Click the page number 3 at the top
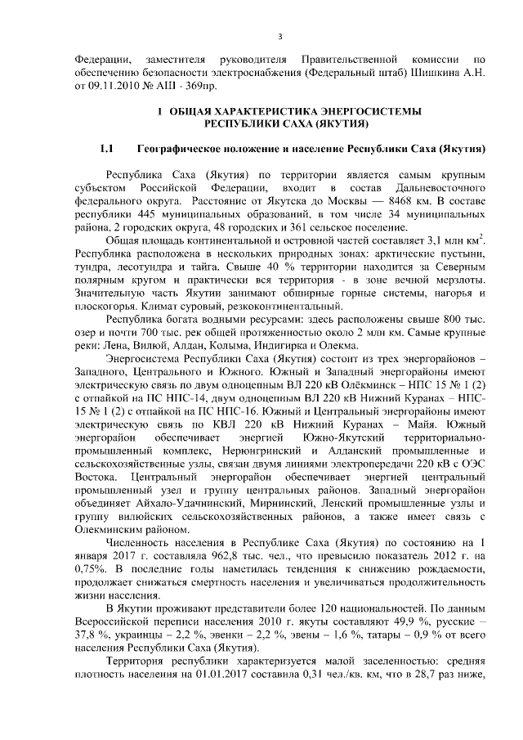tap(280, 36)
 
